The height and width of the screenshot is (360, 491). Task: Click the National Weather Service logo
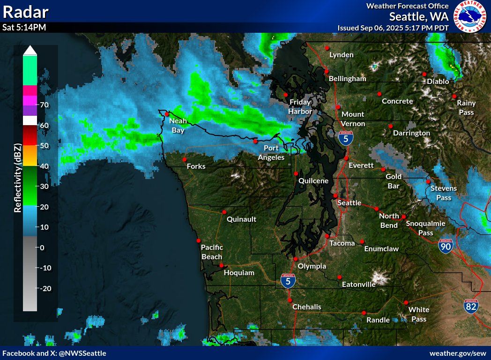tap(471, 17)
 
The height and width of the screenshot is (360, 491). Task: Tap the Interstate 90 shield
tap(446, 246)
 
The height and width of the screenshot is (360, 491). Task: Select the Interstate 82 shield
tap(471, 306)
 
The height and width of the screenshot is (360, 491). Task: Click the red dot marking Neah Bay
tap(166, 113)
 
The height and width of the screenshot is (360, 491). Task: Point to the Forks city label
tap(196, 166)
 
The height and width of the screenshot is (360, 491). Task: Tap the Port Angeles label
tap(271, 153)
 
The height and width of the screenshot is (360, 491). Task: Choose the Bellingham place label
tap(347, 79)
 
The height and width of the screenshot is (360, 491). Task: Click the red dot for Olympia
tap(296, 259)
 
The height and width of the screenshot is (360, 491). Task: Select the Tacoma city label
tap(342, 243)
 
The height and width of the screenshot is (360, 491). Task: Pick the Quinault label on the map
tap(241, 219)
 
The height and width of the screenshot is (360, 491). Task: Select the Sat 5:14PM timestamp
tap(24, 27)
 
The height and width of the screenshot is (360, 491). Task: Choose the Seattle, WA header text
tap(418, 16)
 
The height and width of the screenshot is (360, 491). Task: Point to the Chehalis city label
tap(307, 307)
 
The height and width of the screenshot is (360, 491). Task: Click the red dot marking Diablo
tap(424, 74)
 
